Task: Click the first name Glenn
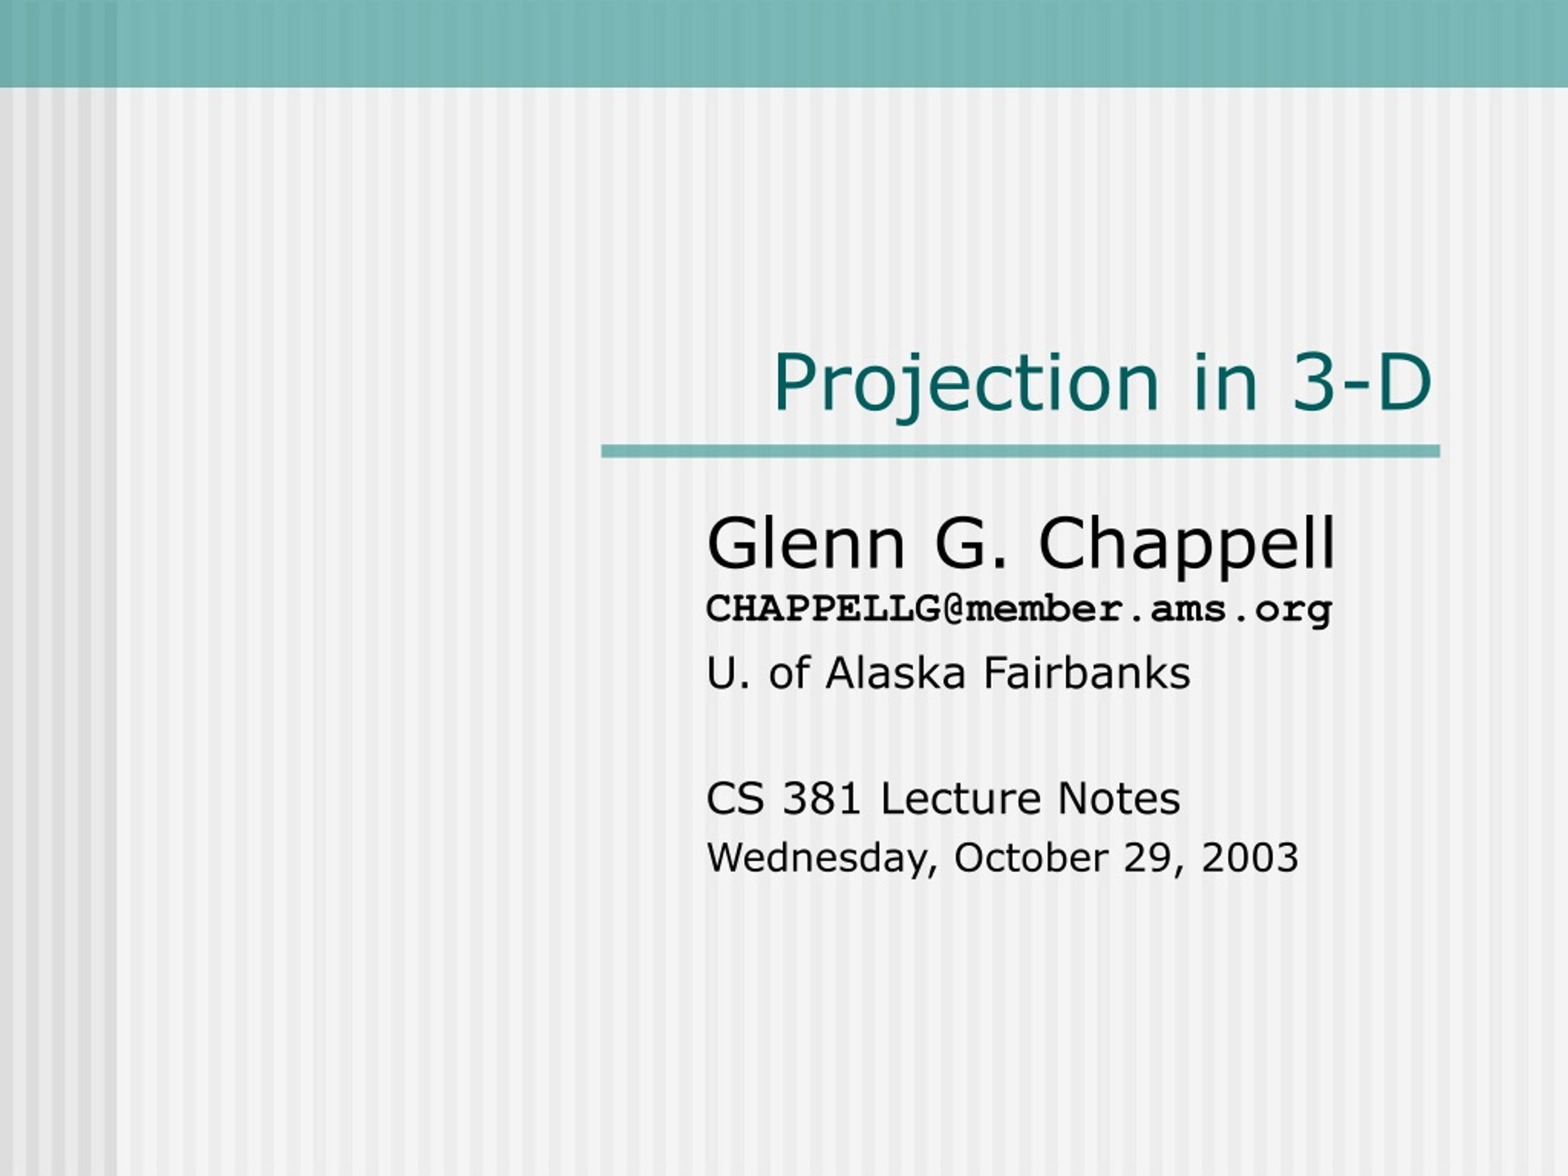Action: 806,544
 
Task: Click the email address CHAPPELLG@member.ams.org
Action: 1019,609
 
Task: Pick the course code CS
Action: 735,799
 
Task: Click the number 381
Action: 821,799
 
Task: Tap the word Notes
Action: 1118,799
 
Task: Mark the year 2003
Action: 1249,858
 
